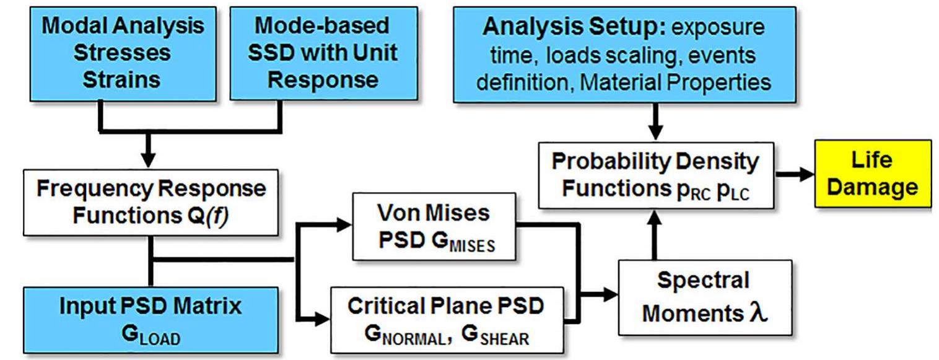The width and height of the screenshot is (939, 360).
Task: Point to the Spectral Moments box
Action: tap(705, 297)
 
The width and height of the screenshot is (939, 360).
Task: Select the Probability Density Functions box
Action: tap(655, 173)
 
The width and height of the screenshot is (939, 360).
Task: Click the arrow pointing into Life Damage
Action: tap(803, 174)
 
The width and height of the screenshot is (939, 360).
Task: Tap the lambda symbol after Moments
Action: tap(758, 314)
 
